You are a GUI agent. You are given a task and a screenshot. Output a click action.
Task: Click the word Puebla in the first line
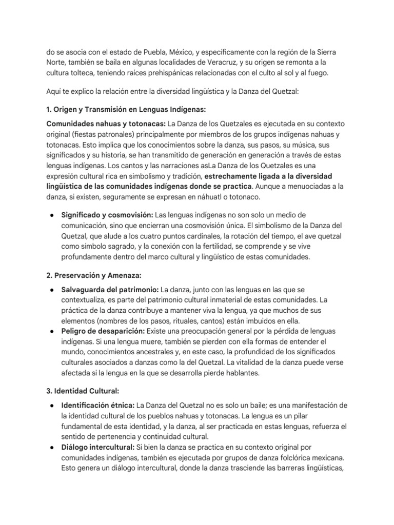[x=154, y=53]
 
